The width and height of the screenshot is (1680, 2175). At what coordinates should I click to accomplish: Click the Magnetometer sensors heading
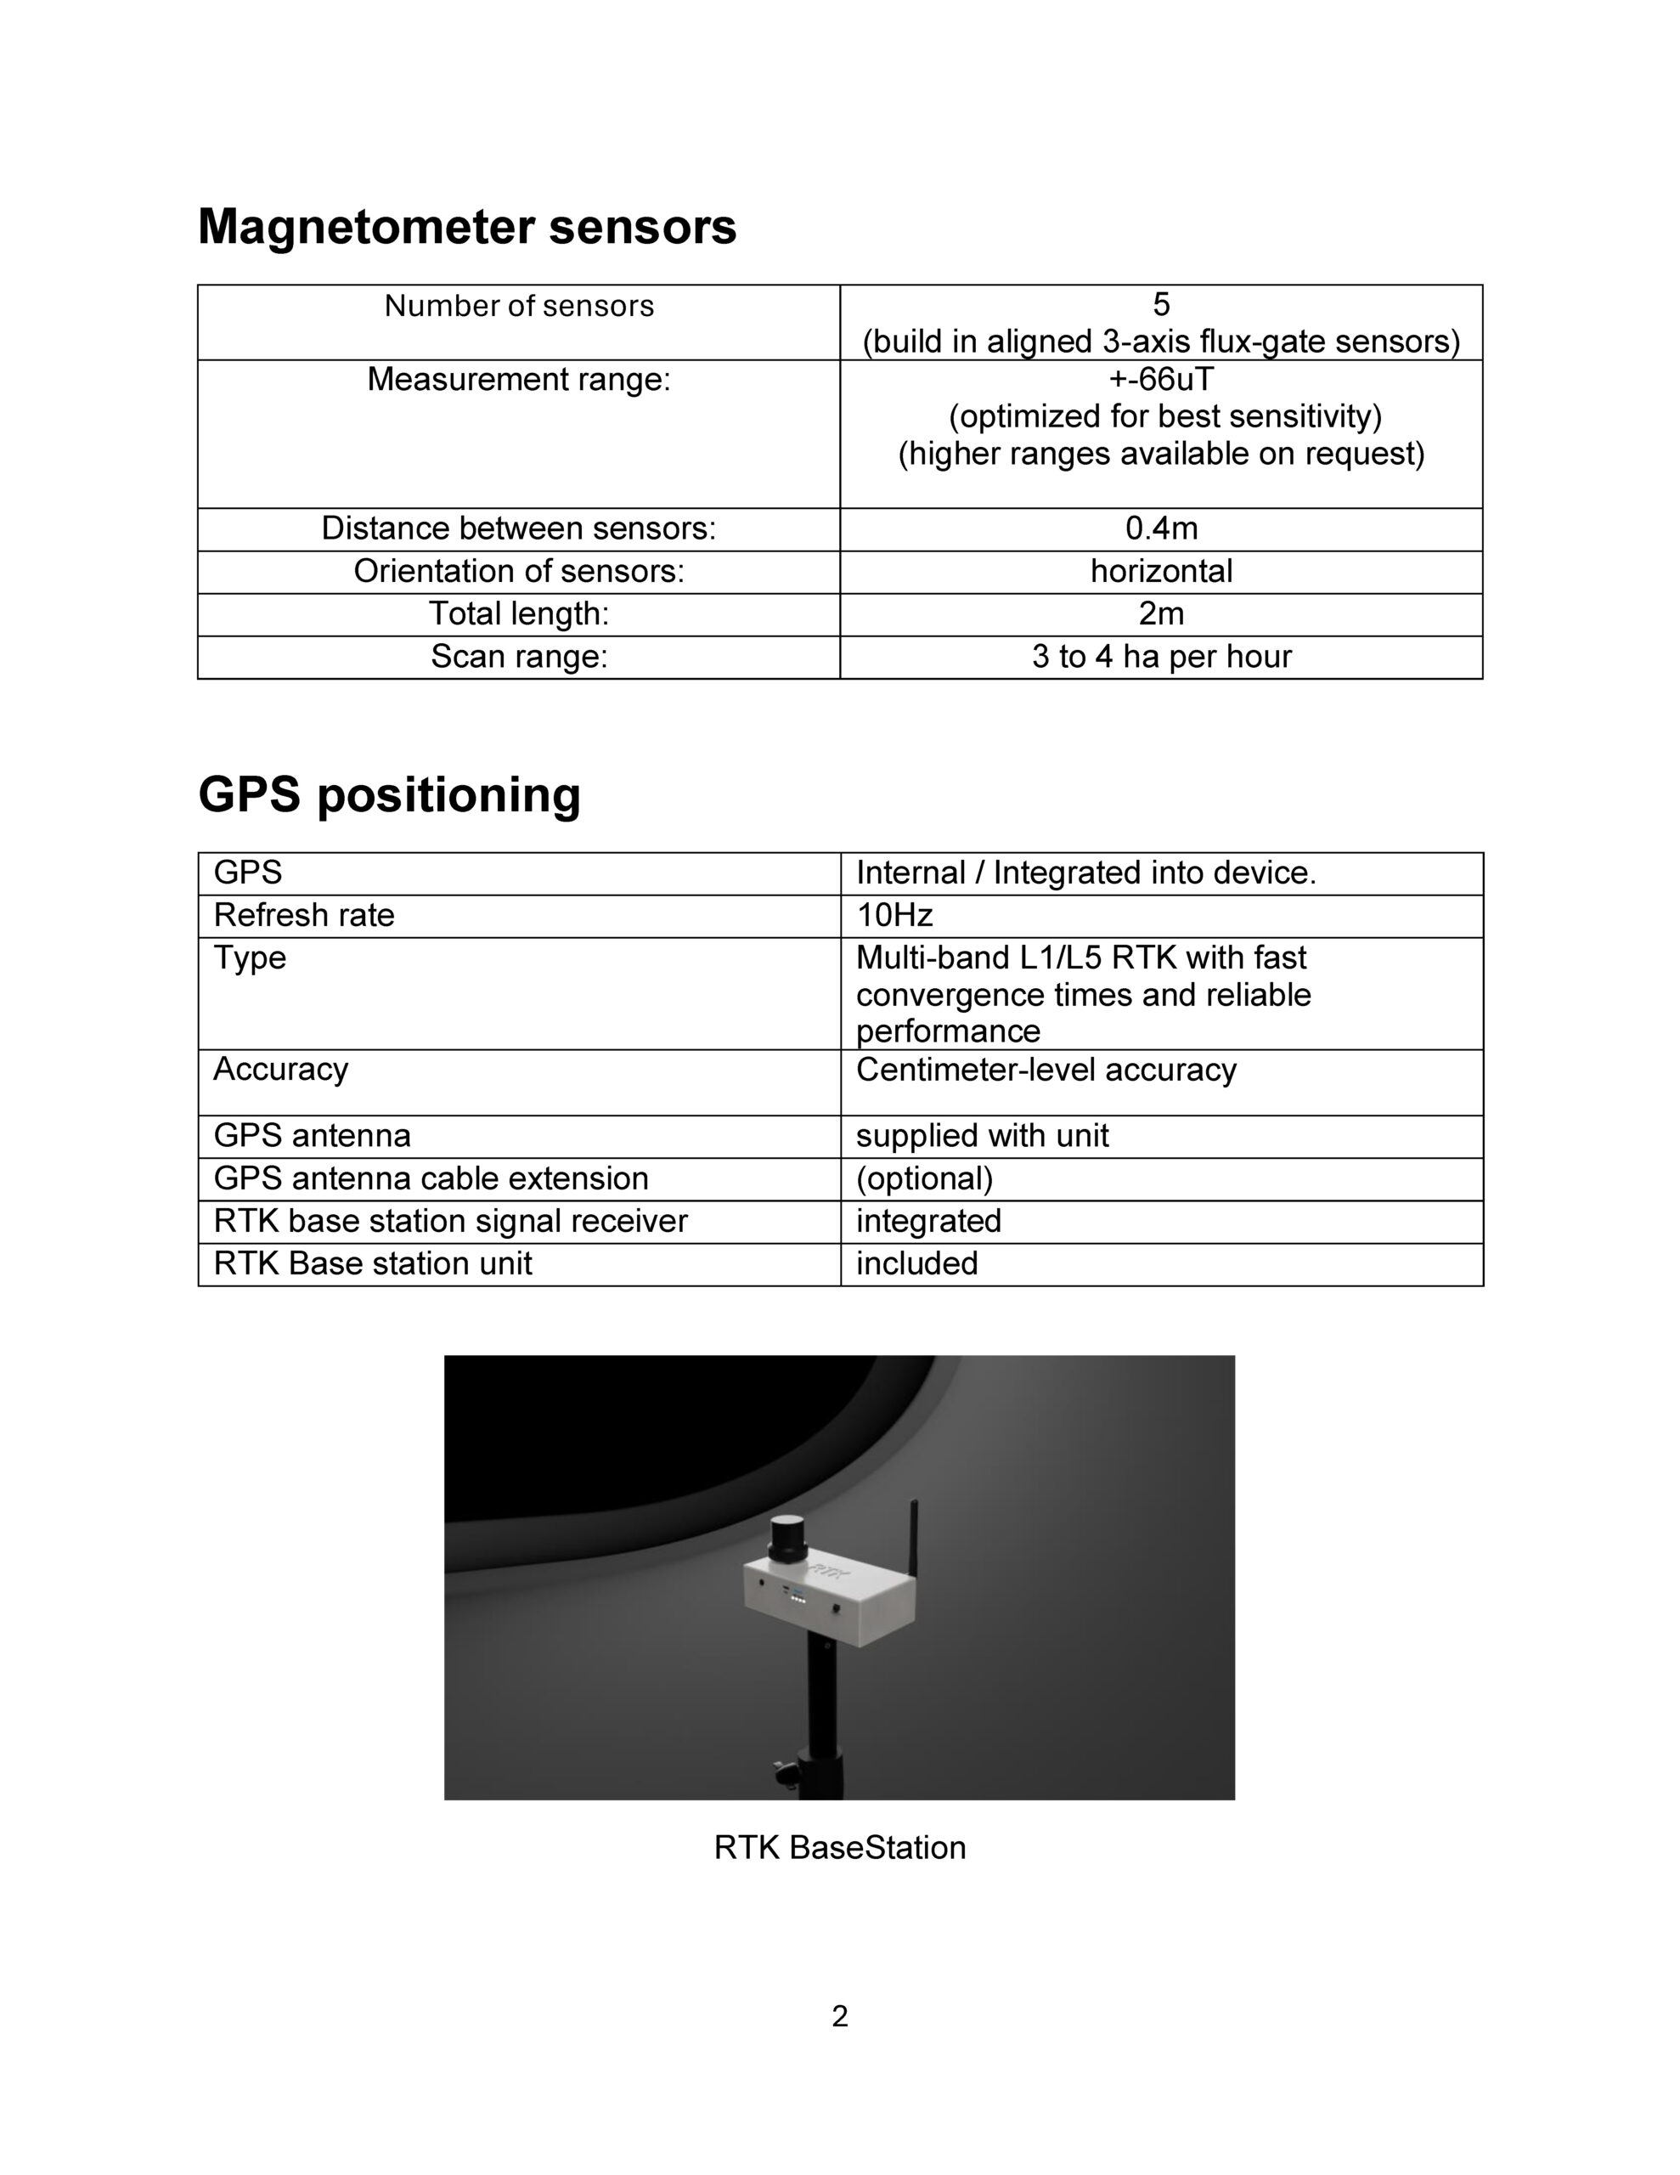(x=467, y=227)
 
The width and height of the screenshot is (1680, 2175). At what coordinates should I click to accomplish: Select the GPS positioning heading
(x=389, y=794)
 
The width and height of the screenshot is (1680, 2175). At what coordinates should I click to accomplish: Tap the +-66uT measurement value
(x=1160, y=380)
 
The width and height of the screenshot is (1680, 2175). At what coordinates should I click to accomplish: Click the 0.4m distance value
(x=1161, y=528)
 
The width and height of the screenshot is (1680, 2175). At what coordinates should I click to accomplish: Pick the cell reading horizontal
(x=1161, y=572)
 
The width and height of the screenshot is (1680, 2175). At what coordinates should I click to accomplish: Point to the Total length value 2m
(x=1161, y=614)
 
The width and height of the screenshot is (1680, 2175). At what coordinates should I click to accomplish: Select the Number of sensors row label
(x=519, y=306)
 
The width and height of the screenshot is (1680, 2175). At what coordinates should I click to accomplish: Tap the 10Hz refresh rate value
(x=894, y=915)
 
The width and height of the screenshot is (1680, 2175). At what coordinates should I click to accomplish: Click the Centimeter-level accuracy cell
(x=1046, y=1070)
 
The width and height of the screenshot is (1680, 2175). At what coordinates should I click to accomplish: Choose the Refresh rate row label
(x=304, y=915)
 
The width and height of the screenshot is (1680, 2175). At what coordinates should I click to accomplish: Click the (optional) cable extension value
(x=924, y=1178)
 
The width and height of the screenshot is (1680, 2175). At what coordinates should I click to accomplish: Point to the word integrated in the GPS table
(x=928, y=1221)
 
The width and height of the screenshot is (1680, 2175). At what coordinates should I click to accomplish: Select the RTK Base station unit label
(x=373, y=1263)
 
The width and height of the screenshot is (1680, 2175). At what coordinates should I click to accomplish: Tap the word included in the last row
(x=916, y=1263)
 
